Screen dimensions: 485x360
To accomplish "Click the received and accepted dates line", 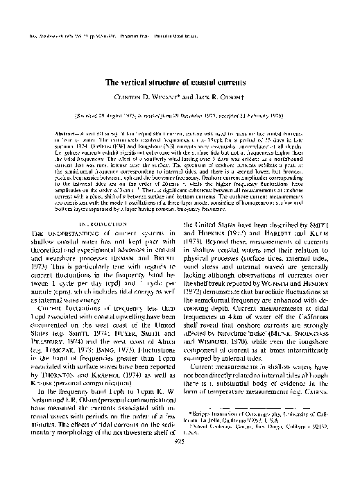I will (x=180, y=112).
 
